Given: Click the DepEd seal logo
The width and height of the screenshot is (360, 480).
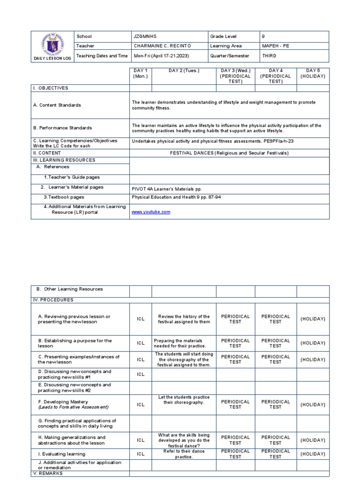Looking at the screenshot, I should point(52,45).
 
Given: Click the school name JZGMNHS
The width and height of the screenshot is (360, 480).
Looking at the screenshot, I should point(144,37).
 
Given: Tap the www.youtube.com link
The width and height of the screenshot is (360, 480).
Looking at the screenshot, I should point(151,212).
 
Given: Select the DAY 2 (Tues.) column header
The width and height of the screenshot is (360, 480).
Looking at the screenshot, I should point(184,71).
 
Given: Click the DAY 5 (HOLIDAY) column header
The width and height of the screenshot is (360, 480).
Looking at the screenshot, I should point(313,74).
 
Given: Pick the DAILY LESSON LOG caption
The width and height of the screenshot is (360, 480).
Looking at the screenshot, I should point(52,59).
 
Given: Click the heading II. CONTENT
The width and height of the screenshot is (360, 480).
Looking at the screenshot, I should point(47,153).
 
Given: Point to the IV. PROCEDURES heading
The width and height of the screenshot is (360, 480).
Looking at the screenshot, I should point(52,300).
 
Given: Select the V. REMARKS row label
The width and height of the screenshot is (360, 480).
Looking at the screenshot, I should point(48,473).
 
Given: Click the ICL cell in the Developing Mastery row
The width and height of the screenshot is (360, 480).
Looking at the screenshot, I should point(141,405).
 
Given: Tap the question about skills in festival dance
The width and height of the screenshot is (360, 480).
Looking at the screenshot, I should point(184,440).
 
